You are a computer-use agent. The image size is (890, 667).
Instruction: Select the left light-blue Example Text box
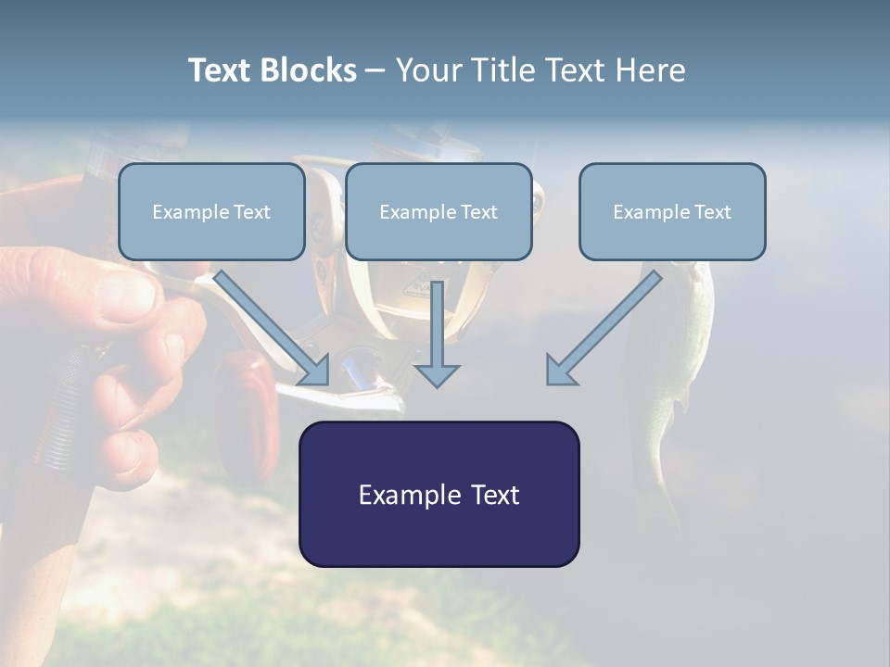coord(211,212)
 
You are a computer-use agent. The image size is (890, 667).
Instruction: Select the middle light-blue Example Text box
coord(439,212)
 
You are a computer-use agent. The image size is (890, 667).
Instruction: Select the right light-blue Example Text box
coord(672,212)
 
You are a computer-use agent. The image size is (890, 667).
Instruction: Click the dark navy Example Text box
coord(439,494)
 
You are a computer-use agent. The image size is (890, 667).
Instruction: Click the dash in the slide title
coord(375,70)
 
